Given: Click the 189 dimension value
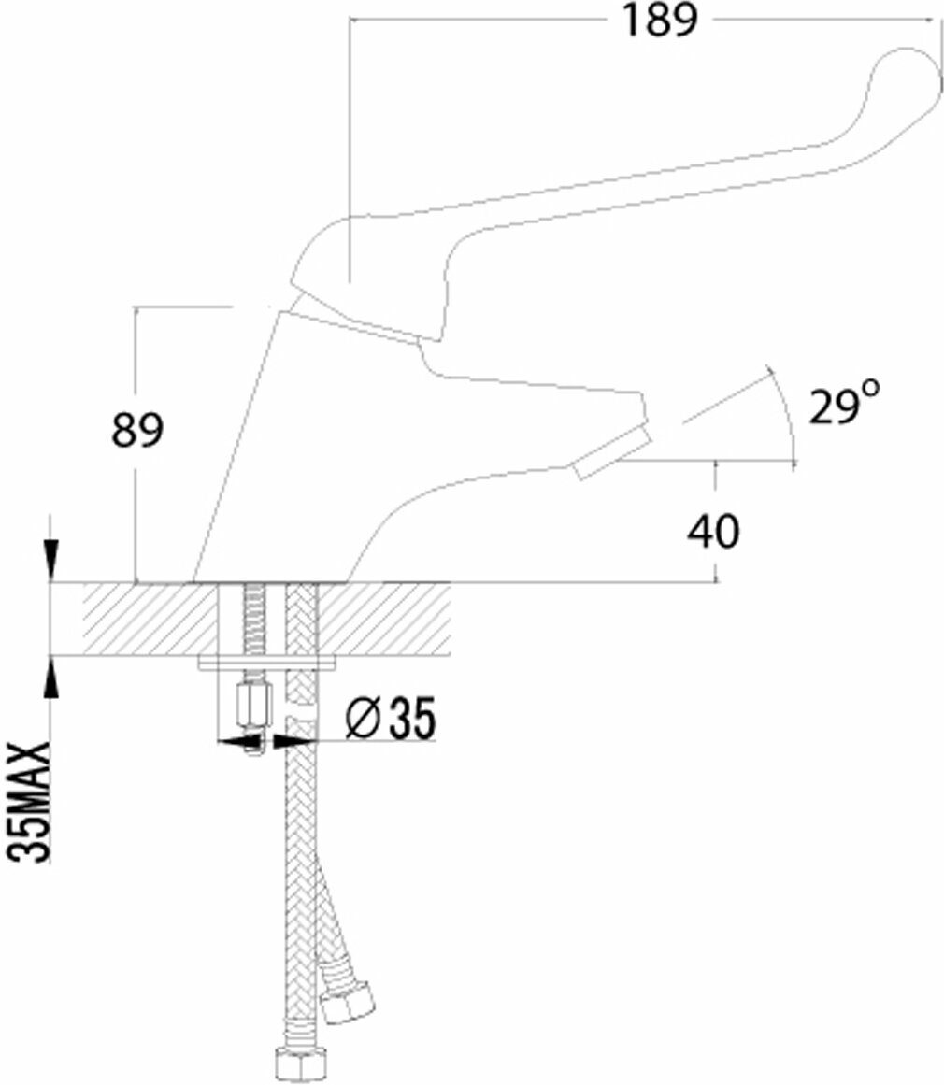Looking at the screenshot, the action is [660, 21].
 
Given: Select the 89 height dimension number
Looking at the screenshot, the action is [138, 431].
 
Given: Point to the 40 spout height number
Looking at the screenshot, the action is [713, 532].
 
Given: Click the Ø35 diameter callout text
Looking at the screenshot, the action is [391, 720].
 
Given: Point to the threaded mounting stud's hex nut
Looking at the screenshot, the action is [252, 707].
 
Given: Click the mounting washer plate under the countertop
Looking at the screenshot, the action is [268, 663].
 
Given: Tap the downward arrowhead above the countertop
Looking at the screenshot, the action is [52, 562].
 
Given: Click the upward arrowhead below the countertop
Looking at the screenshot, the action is [52, 677].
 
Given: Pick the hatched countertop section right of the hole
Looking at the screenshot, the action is [388, 620].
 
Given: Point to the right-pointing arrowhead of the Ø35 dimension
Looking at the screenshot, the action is [296, 742].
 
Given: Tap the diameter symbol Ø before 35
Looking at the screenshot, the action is [359, 720].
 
